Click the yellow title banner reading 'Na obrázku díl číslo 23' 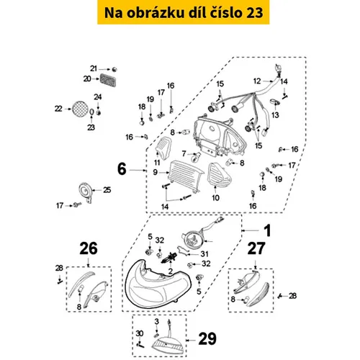(183, 12)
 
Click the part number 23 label (91, 127)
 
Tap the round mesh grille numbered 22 (80, 109)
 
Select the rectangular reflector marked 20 (108, 80)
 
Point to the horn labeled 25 (86, 193)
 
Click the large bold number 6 (122, 168)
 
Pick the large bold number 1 (267, 230)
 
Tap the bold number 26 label (89, 248)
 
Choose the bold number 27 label (256, 248)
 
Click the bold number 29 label (207, 338)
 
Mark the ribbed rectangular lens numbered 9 (186, 176)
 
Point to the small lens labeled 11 (163, 148)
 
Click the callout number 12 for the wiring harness (257, 81)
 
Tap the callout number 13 (275, 115)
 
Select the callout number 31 (204, 253)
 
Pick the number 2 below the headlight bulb (171, 271)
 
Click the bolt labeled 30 (140, 345)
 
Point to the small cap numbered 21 (114, 69)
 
